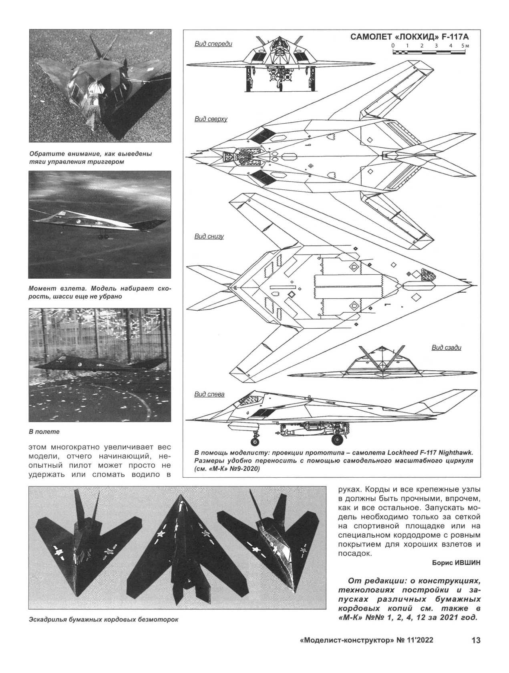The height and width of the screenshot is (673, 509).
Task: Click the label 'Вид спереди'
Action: pyautogui.click(x=213, y=44)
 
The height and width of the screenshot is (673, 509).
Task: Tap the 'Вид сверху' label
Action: pyautogui.click(x=211, y=119)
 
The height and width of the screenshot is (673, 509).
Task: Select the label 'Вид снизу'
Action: pyautogui.click(x=209, y=236)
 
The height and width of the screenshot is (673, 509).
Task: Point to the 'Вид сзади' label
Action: pyautogui.click(x=446, y=347)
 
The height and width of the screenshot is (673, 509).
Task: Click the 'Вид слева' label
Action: pyautogui.click(x=209, y=394)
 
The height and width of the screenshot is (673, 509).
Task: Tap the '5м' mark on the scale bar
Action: pyautogui.click(x=465, y=46)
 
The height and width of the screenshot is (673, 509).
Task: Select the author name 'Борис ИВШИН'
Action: pyautogui.click(x=456, y=563)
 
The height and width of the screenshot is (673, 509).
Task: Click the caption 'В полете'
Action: pyautogui.click(x=44, y=432)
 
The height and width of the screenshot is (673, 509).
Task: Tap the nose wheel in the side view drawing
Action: pyautogui.click(x=255, y=441)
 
